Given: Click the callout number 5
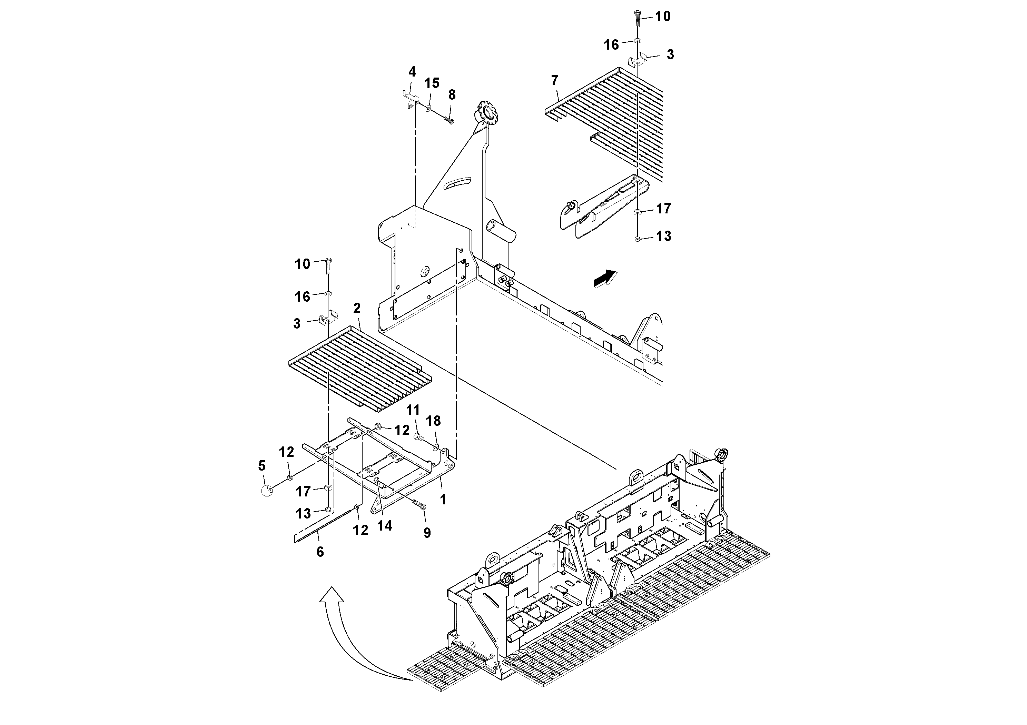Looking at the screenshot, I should click(262, 466).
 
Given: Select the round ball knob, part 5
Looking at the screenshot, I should click(267, 491).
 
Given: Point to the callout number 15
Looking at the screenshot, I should click(432, 83).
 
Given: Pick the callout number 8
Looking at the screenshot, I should click(452, 95).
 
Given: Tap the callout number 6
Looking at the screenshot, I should click(320, 552).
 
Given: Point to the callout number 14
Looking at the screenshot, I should click(384, 526).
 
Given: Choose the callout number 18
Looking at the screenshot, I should click(433, 421).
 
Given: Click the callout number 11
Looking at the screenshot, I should click(413, 410).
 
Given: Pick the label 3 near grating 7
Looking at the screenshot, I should click(670, 54).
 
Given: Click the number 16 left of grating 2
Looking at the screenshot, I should click(303, 297).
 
